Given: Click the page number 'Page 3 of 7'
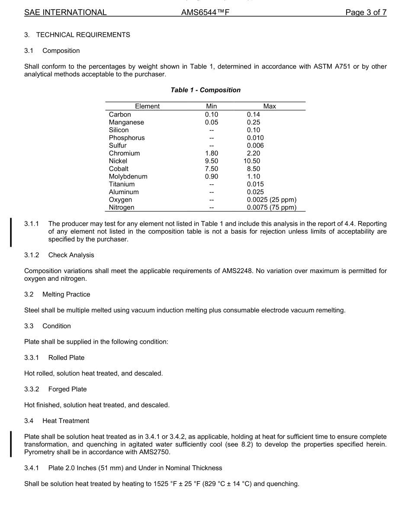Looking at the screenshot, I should pyautogui.click(x=366, y=13).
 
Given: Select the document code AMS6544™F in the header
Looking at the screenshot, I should pyautogui.click(x=205, y=13).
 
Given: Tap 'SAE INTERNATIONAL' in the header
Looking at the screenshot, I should pyautogui.click(x=65, y=13).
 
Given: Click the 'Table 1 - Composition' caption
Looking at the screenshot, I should pyautogui.click(x=205, y=90).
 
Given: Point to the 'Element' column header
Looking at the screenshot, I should pyautogui.click(x=147, y=106).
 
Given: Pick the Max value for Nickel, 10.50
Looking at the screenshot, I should pyautogui.click(x=252, y=161).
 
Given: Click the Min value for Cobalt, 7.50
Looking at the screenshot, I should pyautogui.click(x=212, y=169).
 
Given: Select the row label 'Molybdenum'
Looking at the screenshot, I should pyautogui.click(x=128, y=176).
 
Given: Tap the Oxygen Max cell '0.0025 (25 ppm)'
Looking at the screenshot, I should pyautogui.click(x=271, y=200).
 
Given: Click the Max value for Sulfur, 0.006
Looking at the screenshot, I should pyautogui.click(x=255, y=146).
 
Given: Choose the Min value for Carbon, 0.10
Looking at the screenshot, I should pyautogui.click(x=212, y=114).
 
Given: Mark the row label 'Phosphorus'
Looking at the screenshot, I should pyautogui.click(x=127, y=138).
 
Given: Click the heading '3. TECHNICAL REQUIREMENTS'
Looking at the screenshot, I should pyautogui.click(x=77, y=35).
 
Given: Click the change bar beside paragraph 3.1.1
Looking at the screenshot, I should pyautogui.click(x=11, y=232).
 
